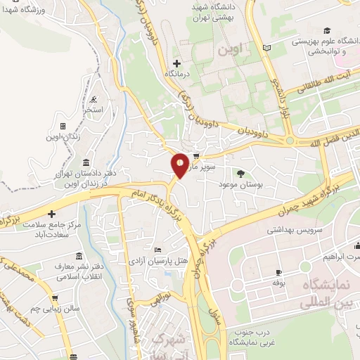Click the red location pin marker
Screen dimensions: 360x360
[x=180, y=165]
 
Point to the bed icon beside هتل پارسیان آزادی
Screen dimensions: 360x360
[x=157, y=250]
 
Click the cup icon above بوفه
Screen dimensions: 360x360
[x=278, y=271]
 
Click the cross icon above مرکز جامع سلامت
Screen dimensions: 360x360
[x=52, y=212]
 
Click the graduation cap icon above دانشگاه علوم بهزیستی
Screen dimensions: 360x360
[x=326, y=30]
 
